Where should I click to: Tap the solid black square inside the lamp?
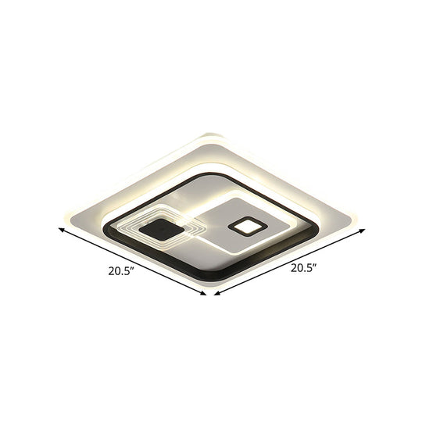[x=163, y=231]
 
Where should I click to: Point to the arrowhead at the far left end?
[x=59, y=229]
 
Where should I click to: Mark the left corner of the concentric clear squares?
[x=120, y=227]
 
